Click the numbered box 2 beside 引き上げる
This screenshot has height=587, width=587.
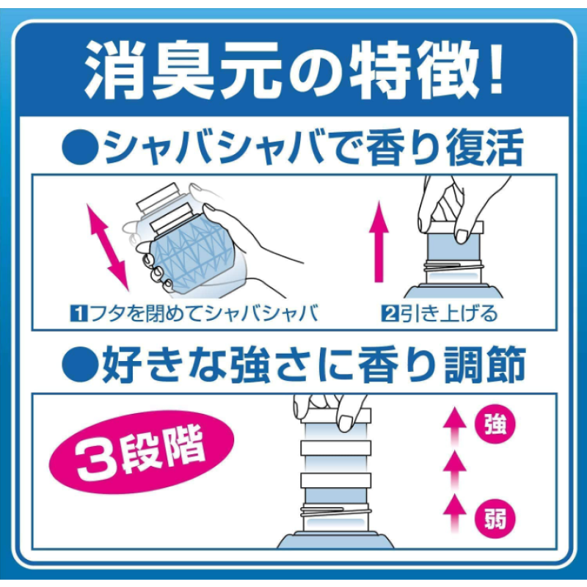tap(389, 314)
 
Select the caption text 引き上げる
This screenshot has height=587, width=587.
tap(448, 314)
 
